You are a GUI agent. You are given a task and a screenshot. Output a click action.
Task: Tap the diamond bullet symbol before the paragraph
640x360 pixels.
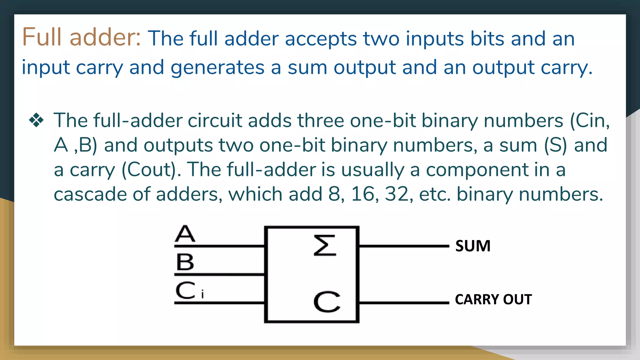36,120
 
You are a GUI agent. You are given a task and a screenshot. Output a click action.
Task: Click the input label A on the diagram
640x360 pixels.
185,234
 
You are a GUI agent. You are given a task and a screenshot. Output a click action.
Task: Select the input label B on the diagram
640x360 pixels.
185,262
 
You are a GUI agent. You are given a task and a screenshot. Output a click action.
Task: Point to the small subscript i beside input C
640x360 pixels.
202,294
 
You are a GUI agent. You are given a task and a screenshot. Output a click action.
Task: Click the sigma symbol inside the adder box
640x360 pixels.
325,246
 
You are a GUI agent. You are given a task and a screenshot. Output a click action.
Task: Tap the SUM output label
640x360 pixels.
473,246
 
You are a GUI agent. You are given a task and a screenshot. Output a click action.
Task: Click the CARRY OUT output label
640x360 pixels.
493,299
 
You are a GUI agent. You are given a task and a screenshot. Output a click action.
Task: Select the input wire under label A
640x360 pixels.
219,246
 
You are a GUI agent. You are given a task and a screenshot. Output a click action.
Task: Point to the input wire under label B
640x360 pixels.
219,274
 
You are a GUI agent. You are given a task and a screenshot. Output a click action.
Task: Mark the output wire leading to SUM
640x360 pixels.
403,246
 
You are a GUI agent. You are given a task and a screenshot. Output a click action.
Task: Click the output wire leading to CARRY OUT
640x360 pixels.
403,302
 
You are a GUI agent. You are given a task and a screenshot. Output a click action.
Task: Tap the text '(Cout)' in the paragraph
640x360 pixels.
149,170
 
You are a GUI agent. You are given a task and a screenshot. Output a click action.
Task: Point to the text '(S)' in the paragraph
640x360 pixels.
555,145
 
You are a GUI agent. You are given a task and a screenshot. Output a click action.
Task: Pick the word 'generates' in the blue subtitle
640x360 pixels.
217,67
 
